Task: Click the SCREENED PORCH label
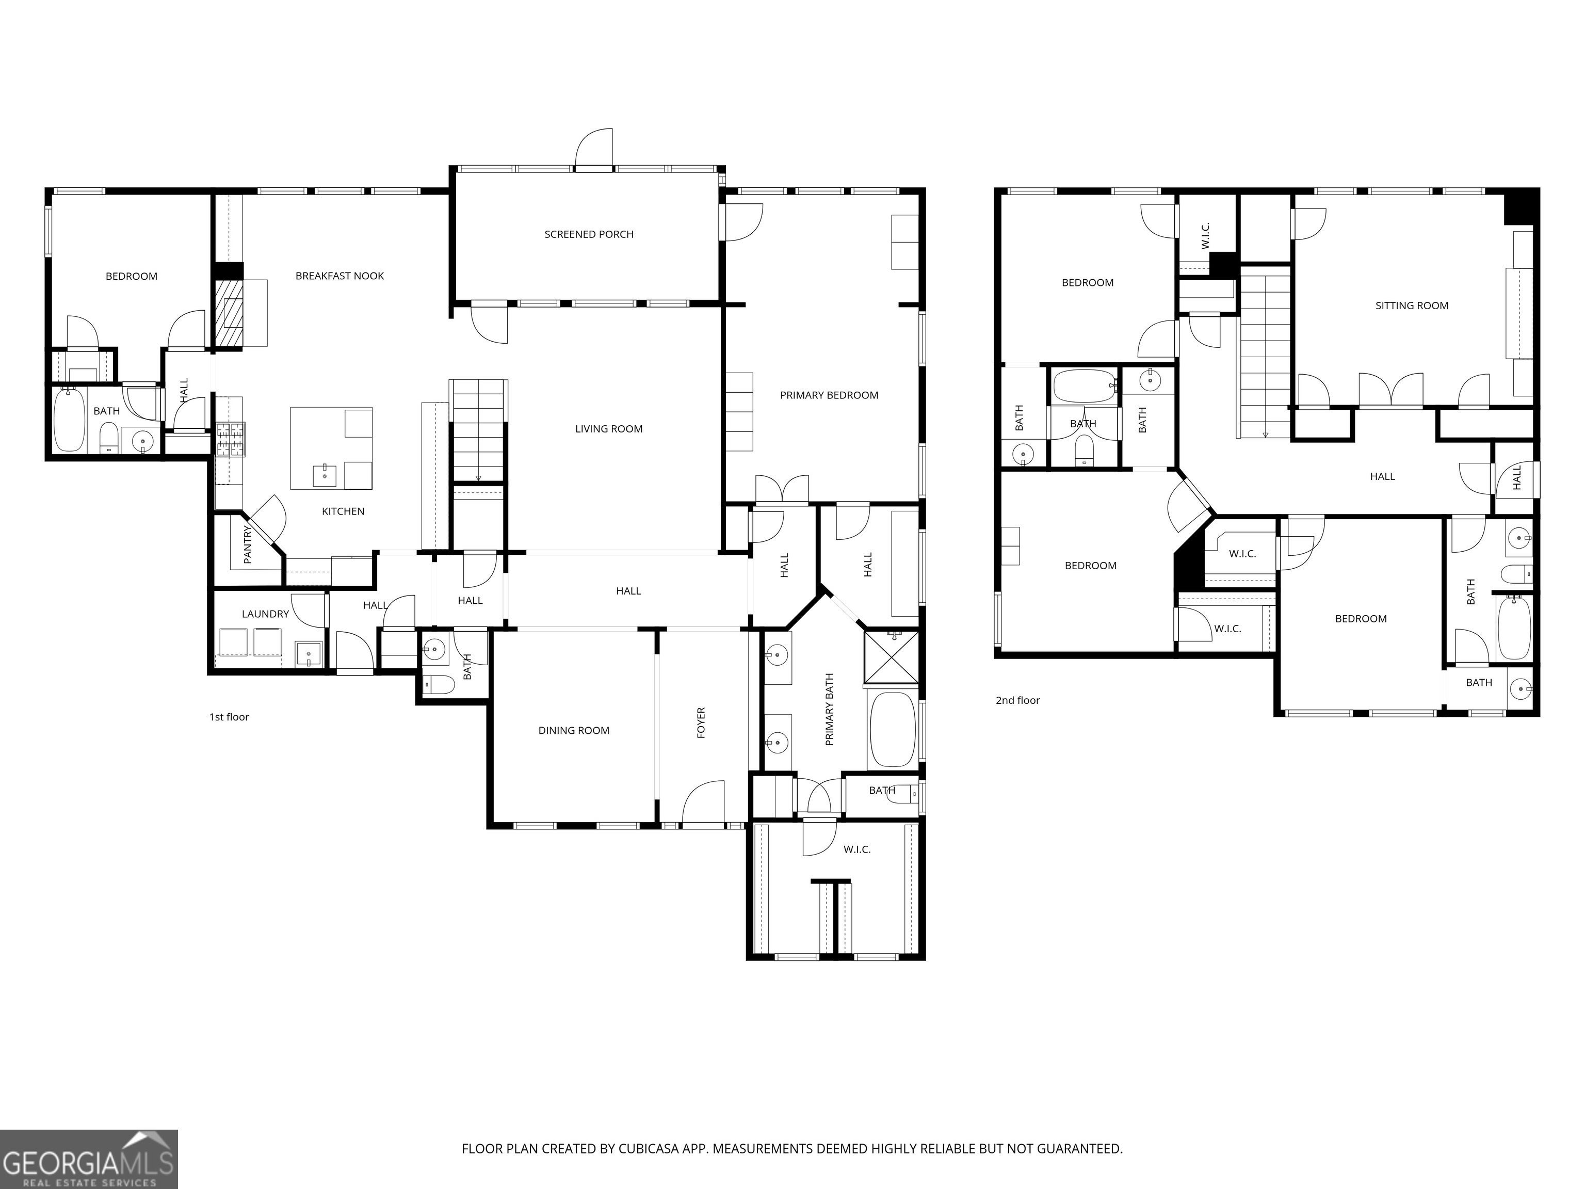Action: (589, 234)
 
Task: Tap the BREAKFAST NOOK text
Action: (339, 276)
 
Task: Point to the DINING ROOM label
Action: (574, 730)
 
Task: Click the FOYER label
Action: (701, 722)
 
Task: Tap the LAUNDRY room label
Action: (265, 614)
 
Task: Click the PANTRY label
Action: (248, 544)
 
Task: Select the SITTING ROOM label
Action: (1412, 306)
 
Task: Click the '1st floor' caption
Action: (229, 717)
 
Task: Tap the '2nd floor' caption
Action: (1017, 700)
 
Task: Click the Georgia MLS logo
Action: (89, 1159)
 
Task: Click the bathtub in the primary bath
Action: (892, 730)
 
